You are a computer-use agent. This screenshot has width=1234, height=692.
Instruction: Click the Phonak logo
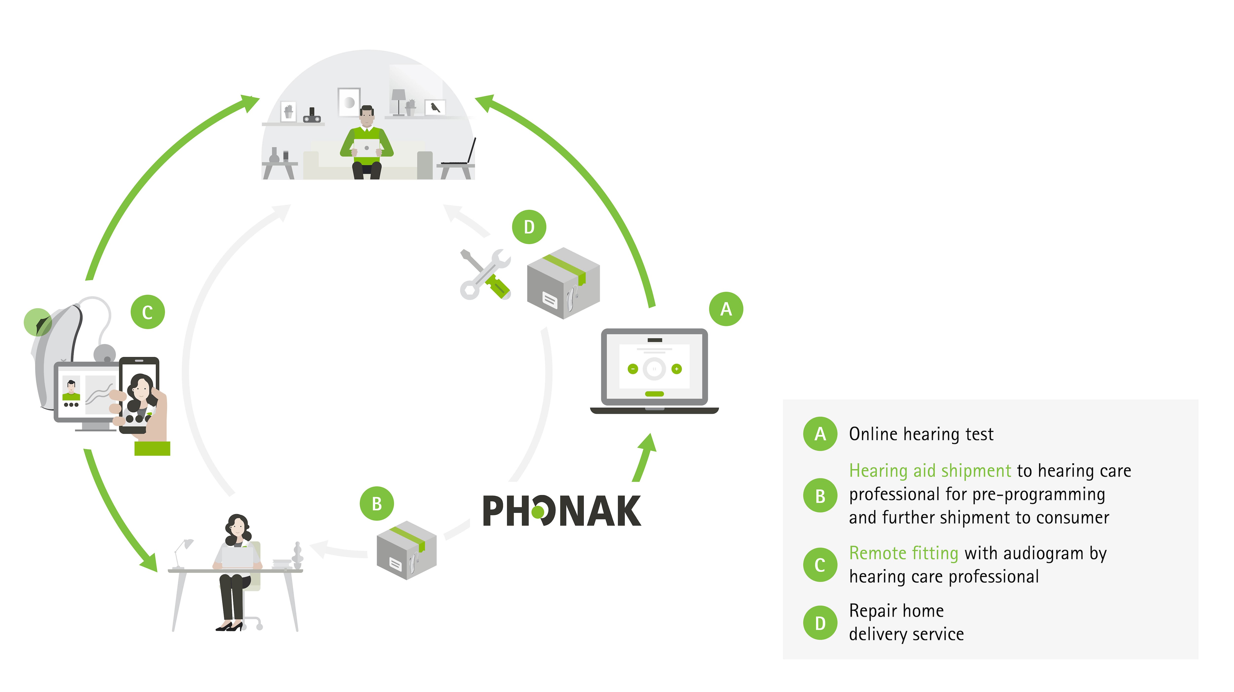561,511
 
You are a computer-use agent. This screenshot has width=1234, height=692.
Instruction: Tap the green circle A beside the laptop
726,309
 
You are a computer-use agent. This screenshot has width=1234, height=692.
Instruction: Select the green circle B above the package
377,504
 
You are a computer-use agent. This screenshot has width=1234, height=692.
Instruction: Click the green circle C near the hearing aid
148,312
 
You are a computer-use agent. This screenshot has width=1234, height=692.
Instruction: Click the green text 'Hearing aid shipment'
930,471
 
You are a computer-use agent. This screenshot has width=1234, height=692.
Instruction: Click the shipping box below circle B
406,550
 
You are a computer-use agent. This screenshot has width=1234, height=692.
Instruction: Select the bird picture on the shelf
435,107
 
